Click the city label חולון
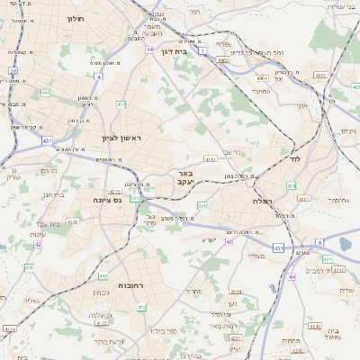click(x=75, y=18)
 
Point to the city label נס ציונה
click(x=107, y=201)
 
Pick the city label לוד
click(x=294, y=158)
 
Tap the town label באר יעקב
click(x=184, y=176)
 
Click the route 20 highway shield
click(x=13, y=70)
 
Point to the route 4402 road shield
click(x=221, y=60)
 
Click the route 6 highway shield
click(x=319, y=242)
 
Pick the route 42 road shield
click(x=38, y=244)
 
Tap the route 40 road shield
click(x=229, y=241)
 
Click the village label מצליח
click(x=256, y=256)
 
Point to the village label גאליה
click(x=31, y=301)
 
